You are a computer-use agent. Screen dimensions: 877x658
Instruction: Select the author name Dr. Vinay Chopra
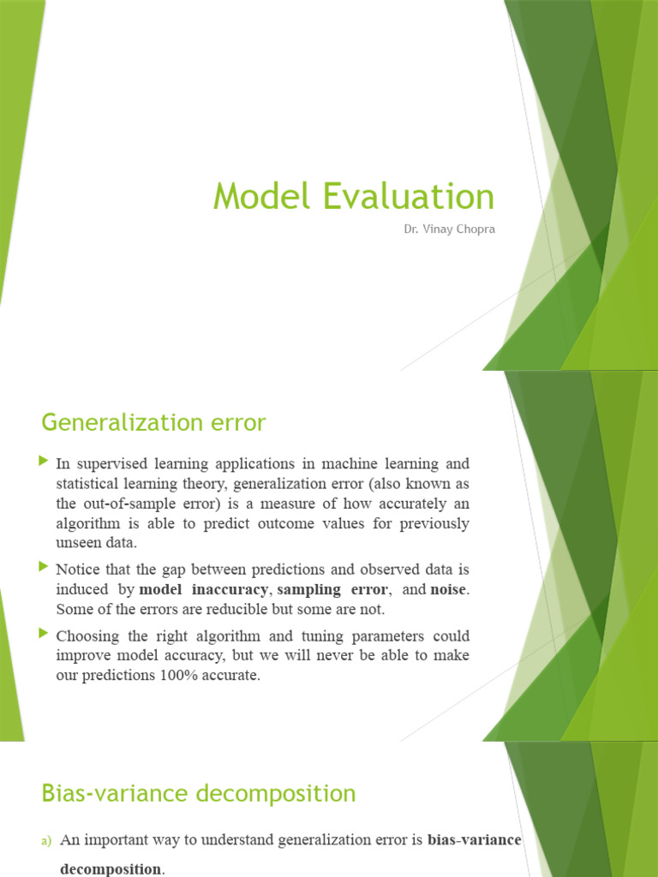pyautogui.click(x=449, y=229)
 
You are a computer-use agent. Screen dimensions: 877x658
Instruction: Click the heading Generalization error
pyautogui.click(x=153, y=422)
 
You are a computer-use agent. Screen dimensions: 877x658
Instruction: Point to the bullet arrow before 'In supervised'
pyautogui.click(x=44, y=462)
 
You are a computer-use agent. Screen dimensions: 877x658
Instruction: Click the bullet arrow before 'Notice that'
pyautogui.click(x=44, y=566)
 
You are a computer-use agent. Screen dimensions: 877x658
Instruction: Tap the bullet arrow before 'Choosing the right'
pyautogui.click(x=44, y=634)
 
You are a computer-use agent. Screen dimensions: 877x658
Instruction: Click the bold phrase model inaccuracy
pyautogui.click(x=203, y=590)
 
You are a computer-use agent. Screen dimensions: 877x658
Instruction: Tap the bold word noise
pyautogui.click(x=450, y=590)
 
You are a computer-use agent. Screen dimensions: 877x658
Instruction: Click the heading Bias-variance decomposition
pyautogui.click(x=198, y=794)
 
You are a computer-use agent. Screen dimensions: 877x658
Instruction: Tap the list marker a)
pyautogui.click(x=47, y=842)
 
